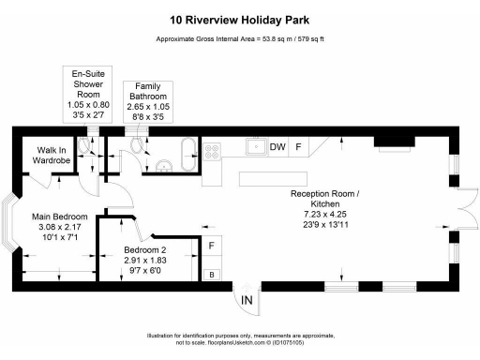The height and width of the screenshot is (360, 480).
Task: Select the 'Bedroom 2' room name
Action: [x=144, y=248]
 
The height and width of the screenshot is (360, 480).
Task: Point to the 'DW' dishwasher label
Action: [x=277, y=147]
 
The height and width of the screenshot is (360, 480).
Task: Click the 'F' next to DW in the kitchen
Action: [x=299, y=147]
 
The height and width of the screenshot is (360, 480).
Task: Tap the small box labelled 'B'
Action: [x=212, y=275]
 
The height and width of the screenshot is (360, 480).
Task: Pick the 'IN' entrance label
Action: [x=247, y=300]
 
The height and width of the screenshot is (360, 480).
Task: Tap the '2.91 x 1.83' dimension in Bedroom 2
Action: [x=144, y=259]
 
